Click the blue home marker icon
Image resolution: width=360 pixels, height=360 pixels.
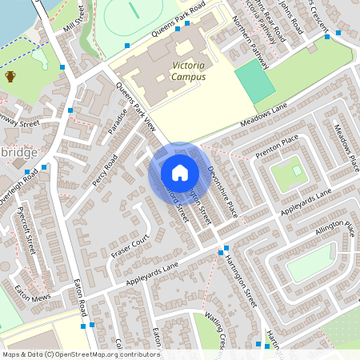[x=179, y=173]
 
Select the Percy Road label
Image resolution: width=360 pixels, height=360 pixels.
[x=105, y=170]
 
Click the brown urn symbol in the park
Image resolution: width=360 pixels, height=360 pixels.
[x=11, y=77]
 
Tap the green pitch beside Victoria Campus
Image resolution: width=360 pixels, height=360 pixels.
[x=254, y=80]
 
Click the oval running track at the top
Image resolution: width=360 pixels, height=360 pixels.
[x=130, y=13]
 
